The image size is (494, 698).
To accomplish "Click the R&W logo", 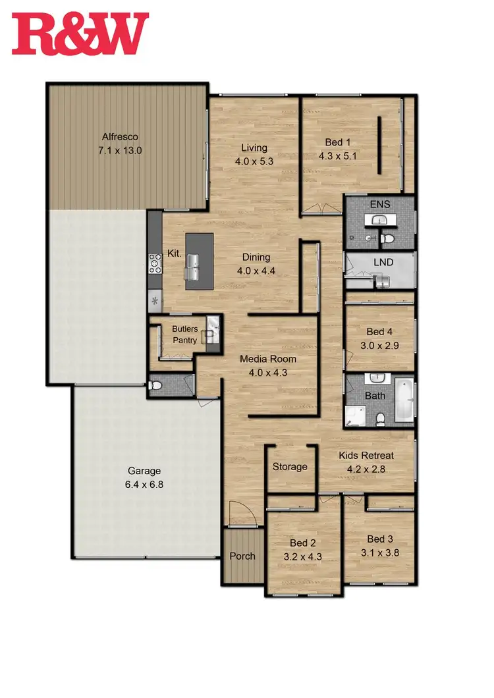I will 81,33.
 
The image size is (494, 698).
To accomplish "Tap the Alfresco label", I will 119,137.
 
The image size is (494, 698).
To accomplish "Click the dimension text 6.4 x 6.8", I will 144,484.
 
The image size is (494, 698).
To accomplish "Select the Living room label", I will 254,148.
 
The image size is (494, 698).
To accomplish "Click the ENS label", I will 380,204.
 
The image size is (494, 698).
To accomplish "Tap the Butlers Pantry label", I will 185,335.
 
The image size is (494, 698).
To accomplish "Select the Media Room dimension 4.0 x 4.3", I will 267,372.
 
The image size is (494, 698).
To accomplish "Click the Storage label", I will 290,466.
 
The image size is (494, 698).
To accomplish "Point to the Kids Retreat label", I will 366,456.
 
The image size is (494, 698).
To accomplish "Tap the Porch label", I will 242,556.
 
